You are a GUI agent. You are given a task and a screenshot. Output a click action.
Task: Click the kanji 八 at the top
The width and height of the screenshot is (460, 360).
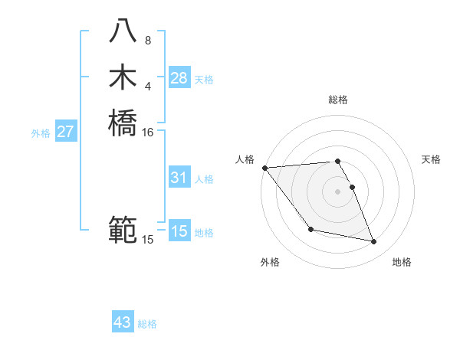[x=123, y=31]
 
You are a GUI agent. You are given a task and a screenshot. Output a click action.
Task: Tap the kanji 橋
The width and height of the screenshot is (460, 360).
[x=123, y=123]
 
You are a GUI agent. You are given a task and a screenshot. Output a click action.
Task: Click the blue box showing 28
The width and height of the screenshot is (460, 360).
[x=179, y=78]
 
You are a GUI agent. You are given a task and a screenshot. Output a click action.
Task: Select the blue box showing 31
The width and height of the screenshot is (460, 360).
[x=179, y=178]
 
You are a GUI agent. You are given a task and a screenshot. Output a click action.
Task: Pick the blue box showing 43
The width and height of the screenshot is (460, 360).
[x=123, y=322]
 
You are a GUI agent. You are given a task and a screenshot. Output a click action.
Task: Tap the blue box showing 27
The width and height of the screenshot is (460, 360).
[x=65, y=132]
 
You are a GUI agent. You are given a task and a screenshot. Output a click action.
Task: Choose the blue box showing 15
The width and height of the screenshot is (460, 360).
[x=179, y=231]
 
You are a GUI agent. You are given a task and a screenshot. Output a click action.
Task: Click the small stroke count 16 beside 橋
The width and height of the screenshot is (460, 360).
[x=148, y=132]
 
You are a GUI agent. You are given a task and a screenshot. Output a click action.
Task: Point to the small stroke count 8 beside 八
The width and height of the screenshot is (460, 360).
[x=147, y=41]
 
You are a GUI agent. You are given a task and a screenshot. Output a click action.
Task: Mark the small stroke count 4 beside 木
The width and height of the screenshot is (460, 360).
[x=147, y=86]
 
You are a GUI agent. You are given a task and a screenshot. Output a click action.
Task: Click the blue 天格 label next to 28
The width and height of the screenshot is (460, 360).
[x=204, y=80]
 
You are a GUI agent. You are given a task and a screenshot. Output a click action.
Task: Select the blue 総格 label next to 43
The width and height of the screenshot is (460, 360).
[x=147, y=324]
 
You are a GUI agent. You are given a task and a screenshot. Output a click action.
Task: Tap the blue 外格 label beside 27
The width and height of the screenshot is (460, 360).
[x=41, y=133]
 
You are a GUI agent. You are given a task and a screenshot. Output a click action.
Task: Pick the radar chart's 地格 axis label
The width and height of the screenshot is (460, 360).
[x=402, y=263]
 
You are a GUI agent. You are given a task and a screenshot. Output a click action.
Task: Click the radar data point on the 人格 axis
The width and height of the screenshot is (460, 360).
[x=264, y=168]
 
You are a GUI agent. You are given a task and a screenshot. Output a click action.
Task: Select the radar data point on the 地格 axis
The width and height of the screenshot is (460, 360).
[x=374, y=242]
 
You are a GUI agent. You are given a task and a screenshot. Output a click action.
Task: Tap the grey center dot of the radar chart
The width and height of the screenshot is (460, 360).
[x=338, y=191]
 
